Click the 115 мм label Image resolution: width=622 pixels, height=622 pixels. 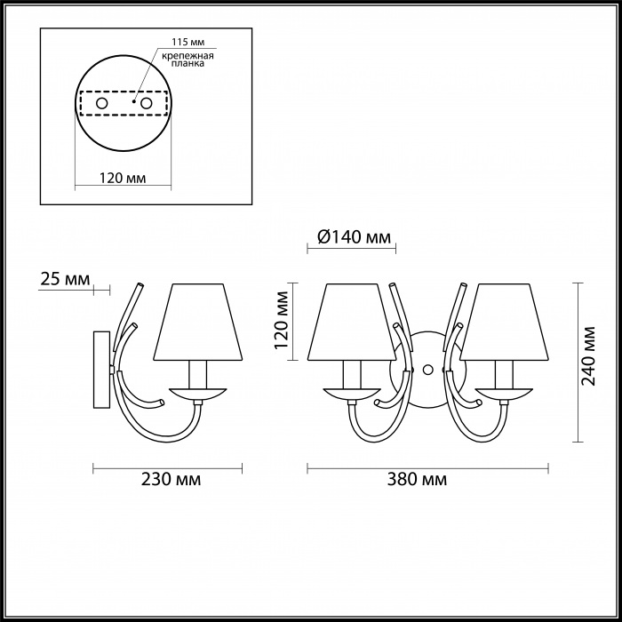click(x=188, y=42)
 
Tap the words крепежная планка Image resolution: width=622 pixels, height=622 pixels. click(x=188, y=60)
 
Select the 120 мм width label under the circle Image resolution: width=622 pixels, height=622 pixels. click(x=123, y=178)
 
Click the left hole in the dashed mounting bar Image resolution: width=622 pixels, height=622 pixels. click(x=102, y=104)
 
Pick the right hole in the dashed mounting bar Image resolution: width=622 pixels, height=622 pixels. click(x=147, y=104)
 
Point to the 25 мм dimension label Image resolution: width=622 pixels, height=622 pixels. click(x=65, y=279)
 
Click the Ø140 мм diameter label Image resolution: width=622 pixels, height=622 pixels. click(x=354, y=237)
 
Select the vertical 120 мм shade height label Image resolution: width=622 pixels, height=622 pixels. click(x=282, y=320)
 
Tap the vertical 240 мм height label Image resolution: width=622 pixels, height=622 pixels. click(x=588, y=355)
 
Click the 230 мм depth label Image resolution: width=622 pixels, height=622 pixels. click(x=171, y=479)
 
